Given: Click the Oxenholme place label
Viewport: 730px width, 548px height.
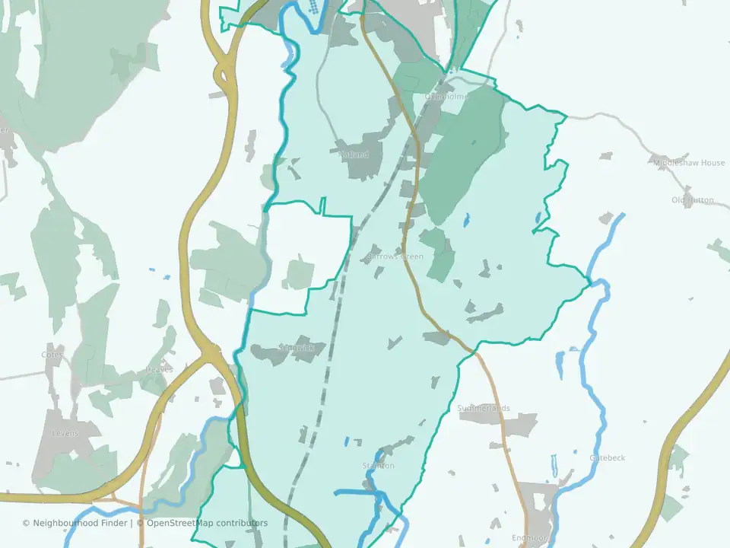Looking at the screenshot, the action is (x=446, y=97).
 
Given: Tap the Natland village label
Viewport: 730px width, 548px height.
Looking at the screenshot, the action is (x=354, y=155).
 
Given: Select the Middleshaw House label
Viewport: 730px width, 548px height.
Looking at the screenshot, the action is (x=689, y=163).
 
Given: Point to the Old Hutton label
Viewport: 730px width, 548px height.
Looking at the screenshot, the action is (x=693, y=200).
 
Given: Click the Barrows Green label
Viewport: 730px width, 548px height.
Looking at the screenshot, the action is (x=395, y=256).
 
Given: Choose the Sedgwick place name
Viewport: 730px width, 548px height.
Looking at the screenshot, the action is (x=297, y=348).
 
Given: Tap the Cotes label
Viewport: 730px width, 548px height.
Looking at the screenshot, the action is (x=52, y=355).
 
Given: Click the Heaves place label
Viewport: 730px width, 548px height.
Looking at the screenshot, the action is (x=159, y=370).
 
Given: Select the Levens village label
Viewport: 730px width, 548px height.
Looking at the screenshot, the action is (x=65, y=433).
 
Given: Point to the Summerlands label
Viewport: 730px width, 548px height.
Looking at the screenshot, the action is (x=484, y=408).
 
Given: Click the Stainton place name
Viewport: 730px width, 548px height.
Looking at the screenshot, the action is (x=378, y=466).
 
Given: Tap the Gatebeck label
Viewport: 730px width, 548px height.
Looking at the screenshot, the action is (x=608, y=457).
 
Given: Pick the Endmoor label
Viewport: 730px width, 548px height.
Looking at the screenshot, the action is (x=529, y=538).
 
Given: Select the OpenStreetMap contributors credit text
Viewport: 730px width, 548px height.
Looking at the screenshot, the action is (x=207, y=523).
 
